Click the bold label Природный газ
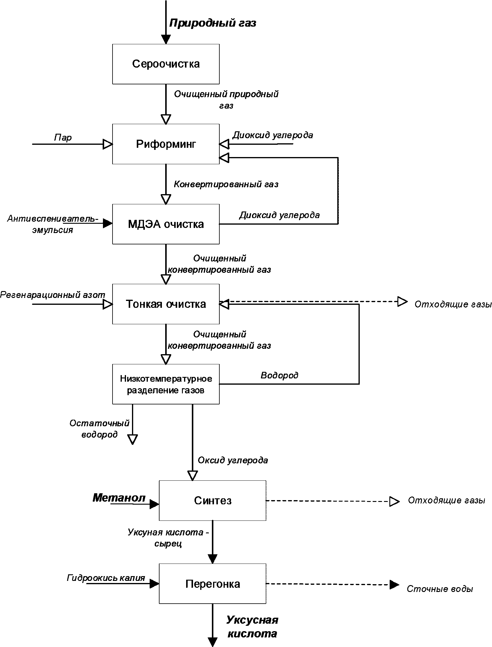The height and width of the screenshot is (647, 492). pos(213,23)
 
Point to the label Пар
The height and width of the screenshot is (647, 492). pos(63,137)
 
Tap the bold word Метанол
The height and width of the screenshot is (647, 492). pos(119,498)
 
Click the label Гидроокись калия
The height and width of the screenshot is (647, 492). pos(106,577)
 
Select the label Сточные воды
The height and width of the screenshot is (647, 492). pos(440,589)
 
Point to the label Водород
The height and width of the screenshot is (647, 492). pos(280,375)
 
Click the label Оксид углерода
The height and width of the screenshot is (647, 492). pos(233,460)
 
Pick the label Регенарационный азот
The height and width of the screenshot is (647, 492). pos(53,295)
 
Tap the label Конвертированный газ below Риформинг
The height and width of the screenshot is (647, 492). pos(226,184)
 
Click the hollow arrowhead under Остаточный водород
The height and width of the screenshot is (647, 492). pos(133,439)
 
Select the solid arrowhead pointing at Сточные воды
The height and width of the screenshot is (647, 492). pos(394,584)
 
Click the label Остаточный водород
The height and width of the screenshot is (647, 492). pos(99,429)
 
